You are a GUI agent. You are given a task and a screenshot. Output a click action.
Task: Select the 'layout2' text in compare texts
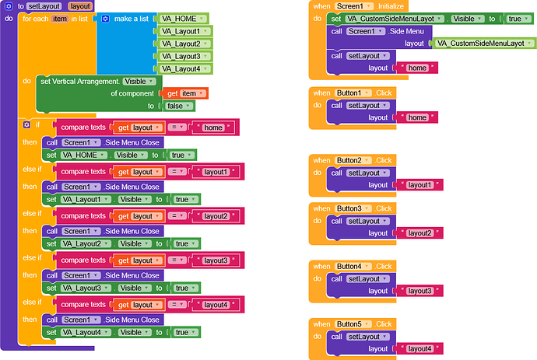tap(216, 216)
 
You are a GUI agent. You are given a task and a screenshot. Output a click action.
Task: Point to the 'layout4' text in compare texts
tap(216, 305)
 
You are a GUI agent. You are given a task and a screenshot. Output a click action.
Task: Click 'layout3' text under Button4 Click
tap(420, 291)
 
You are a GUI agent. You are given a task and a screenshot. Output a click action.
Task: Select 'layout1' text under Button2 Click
tap(420, 185)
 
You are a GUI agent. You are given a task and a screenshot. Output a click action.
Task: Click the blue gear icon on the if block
tap(26, 124)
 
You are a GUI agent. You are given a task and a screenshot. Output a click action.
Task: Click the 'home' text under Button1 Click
tap(417, 117)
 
